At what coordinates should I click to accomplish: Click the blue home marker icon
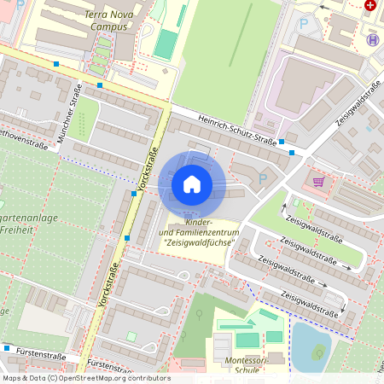click(x=192, y=183)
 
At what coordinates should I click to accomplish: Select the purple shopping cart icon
click(x=318, y=181)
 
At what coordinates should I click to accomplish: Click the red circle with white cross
click(x=369, y=4)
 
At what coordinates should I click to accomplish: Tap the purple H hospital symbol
click(x=371, y=39)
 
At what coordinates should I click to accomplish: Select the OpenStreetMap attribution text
click(x=86, y=378)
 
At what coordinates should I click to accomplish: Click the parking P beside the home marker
click(x=262, y=179)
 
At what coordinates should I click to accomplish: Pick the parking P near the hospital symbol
click(x=304, y=24)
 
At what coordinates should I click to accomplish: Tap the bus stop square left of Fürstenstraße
click(x=7, y=348)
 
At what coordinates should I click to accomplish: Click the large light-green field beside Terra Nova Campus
click(x=224, y=51)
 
